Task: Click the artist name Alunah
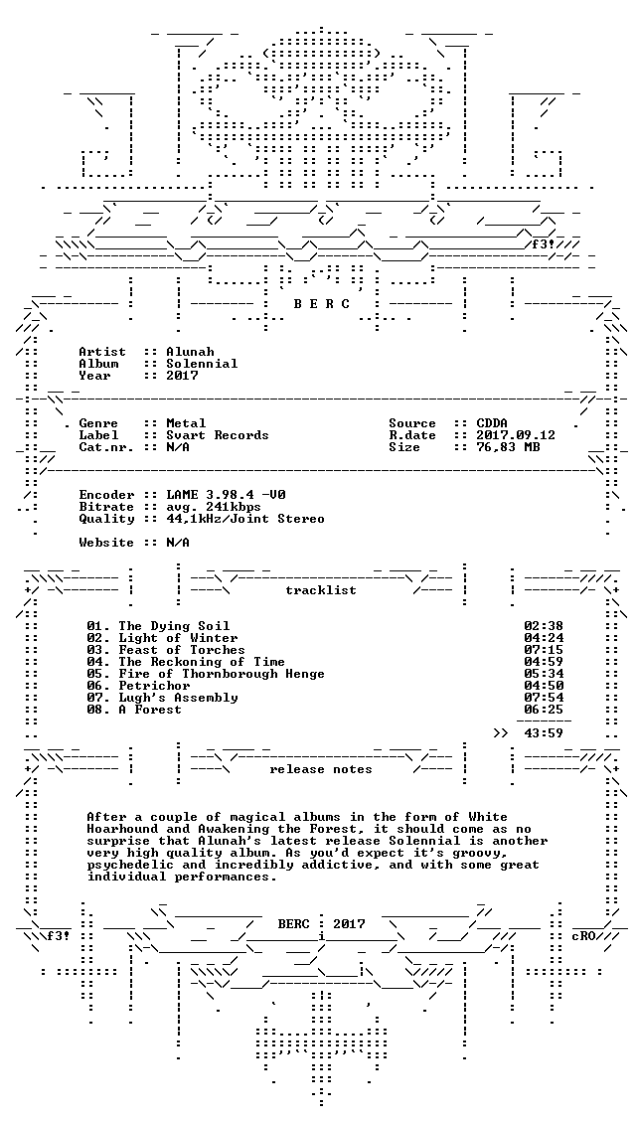pos(190,352)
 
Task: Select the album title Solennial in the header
pos(203,364)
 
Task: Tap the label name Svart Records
pos(218,435)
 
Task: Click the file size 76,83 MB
pos(508,447)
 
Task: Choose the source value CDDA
pos(492,423)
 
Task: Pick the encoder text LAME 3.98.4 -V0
pos(226,495)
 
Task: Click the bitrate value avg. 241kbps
pos(214,507)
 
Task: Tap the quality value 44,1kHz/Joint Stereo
pos(245,519)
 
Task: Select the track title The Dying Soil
pos(174,626)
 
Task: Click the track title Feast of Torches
pos(182,650)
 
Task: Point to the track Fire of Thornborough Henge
pos(222,674)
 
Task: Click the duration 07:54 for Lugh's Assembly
pos(544,698)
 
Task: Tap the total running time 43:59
pos(544,733)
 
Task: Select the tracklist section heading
pos(321,590)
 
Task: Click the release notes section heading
pos(321,769)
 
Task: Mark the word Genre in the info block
pos(98,423)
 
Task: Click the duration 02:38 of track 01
pos(544,626)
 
